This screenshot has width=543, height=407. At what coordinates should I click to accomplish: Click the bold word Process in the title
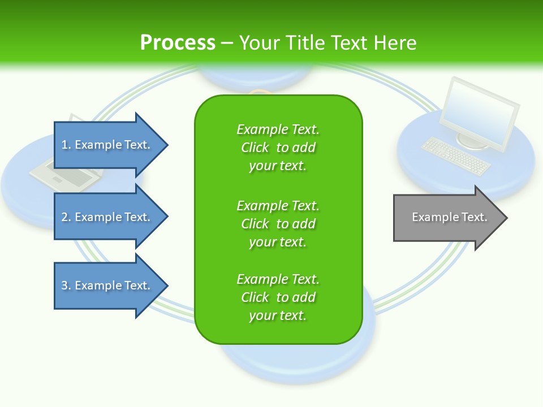(178, 43)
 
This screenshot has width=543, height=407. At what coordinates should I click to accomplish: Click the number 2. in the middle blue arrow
(66, 217)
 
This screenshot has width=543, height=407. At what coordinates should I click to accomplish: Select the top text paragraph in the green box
(278, 148)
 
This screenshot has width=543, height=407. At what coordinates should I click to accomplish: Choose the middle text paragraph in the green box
(278, 224)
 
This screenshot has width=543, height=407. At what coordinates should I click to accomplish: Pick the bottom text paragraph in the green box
(278, 297)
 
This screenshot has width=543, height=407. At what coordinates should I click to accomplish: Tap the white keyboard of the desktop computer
(456, 156)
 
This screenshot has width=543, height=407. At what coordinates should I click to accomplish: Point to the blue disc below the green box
(297, 362)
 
